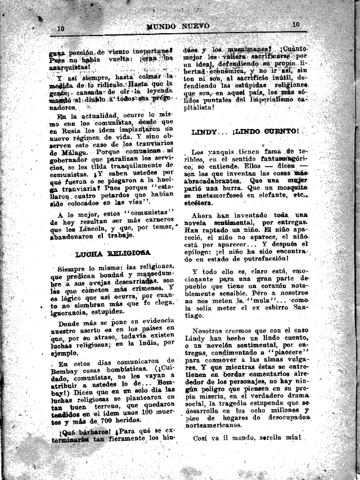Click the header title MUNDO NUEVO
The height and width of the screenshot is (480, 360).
tap(178, 26)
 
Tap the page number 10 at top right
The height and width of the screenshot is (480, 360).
tap(296, 24)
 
